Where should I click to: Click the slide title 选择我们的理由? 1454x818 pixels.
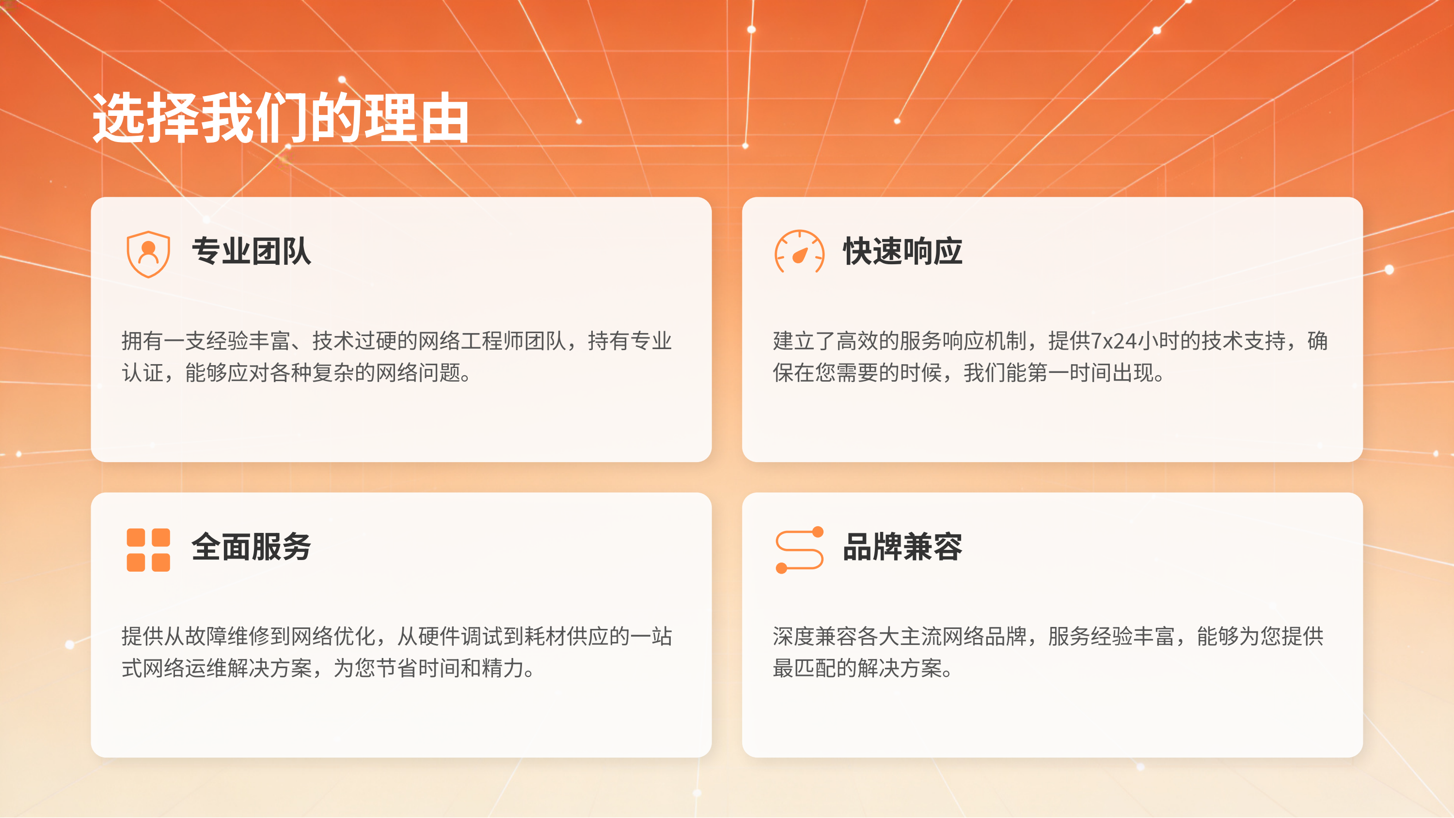[281, 118]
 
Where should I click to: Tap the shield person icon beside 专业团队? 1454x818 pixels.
[148, 254]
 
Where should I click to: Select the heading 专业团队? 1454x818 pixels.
[251, 251]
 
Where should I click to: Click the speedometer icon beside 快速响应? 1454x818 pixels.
[799, 252]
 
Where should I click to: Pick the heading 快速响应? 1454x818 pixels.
[902, 251]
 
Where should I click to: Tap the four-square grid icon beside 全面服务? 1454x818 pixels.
[148, 549]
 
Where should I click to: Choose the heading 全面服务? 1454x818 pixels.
[251, 546]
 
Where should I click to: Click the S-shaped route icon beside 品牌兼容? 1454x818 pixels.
[799, 549]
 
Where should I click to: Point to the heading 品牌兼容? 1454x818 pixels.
[902, 546]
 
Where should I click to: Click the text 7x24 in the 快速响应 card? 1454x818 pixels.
[1114, 341]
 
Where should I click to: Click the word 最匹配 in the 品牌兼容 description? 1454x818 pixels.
[805, 668]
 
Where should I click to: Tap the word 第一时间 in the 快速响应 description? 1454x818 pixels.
[1070, 372]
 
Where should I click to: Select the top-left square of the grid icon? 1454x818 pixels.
[136, 537]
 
